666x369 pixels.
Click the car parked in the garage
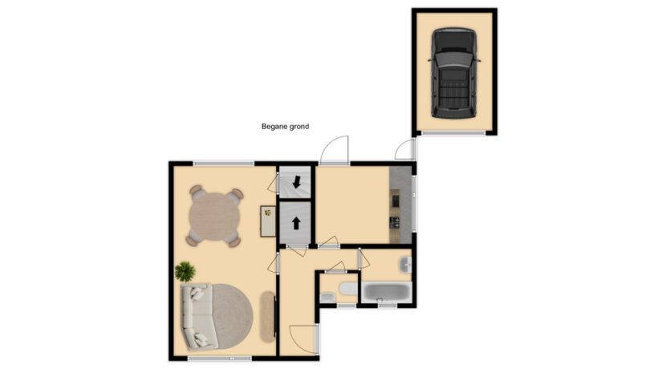pyautogui.click(x=453, y=72)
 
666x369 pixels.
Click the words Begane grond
pyautogui.click(x=285, y=127)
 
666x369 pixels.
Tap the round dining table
pyautogui.click(x=213, y=216)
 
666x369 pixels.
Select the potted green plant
pyautogui.click(x=185, y=270)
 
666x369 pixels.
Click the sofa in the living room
pyautogui.click(x=195, y=316)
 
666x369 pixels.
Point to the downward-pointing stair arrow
pyautogui.click(x=297, y=182)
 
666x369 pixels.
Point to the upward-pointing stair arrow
pyautogui.click(x=296, y=224)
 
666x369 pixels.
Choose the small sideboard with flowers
pyautogui.click(x=267, y=221)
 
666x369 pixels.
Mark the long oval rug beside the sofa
pyautogui.click(x=266, y=316)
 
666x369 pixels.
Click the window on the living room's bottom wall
pyautogui.click(x=217, y=357)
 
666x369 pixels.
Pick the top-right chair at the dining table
pyautogui.click(x=235, y=194)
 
